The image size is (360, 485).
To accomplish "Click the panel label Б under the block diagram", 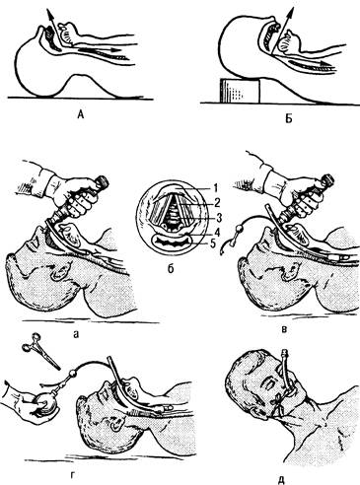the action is point(288,118).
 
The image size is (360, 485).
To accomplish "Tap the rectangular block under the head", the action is point(240,90).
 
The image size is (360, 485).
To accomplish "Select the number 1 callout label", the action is point(215,188).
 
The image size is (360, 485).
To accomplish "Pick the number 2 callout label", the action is point(217,202).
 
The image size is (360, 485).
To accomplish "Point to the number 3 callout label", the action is point(217,217).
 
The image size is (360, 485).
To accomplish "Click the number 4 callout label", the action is point(217,232).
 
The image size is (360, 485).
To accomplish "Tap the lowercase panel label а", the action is point(77,334).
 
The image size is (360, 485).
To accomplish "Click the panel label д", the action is point(281,479).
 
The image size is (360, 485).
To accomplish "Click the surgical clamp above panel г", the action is point(40,351).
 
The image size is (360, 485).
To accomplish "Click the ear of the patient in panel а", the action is point(59,270).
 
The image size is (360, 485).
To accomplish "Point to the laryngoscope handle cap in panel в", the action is point(327,180).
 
